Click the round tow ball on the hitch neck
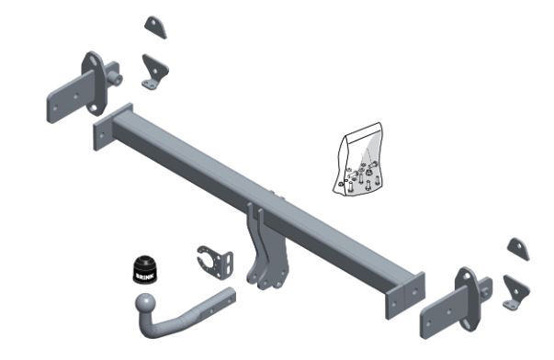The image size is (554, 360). pyautogui.click(x=144, y=303)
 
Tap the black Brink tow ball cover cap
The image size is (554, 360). pyautogui.click(x=144, y=269)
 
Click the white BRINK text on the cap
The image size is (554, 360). pyautogui.click(x=144, y=276)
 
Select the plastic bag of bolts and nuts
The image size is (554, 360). pyautogui.click(x=358, y=160)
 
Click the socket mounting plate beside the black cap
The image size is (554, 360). pyautogui.click(x=216, y=262)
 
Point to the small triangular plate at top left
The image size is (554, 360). pyautogui.click(x=155, y=27)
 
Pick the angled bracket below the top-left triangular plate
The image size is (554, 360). pyautogui.click(x=154, y=72)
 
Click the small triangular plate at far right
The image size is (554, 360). pyautogui.click(x=519, y=249)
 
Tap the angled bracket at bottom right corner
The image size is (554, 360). pyautogui.click(x=516, y=293)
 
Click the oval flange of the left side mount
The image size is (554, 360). pyautogui.click(x=94, y=84)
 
